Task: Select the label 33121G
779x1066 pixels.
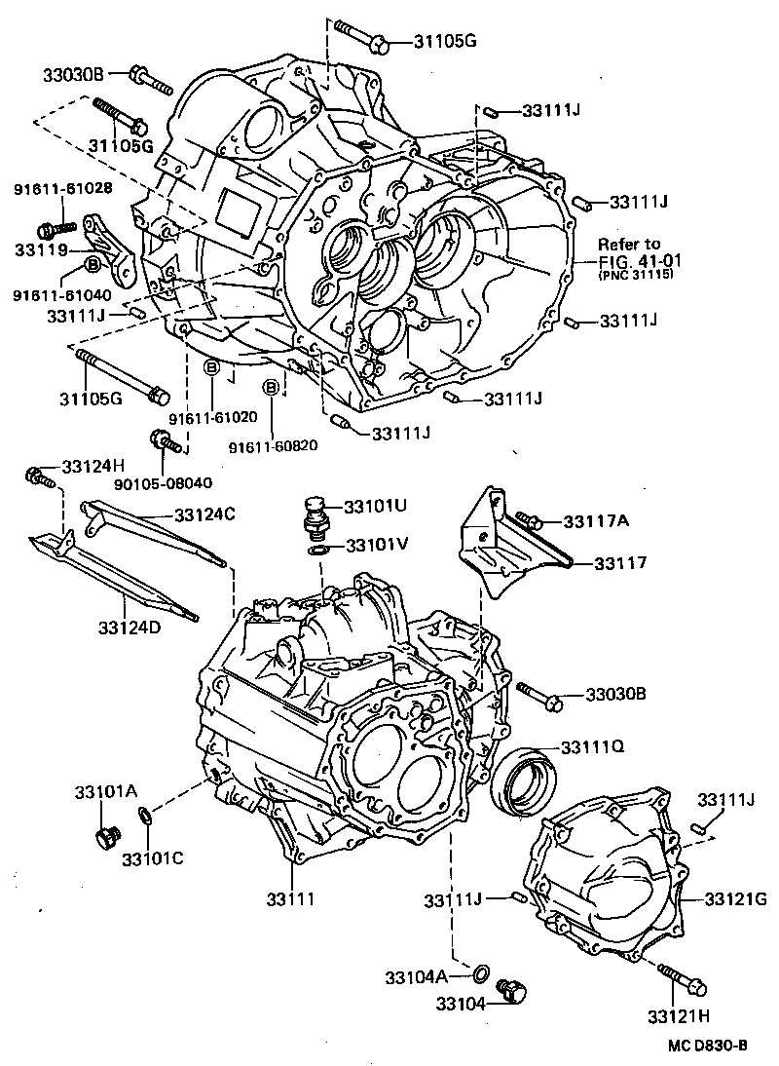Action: [736, 897]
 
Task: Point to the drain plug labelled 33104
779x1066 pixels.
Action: [510, 992]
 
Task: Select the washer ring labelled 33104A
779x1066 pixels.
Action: [481, 973]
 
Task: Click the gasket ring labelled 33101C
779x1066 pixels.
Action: [143, 815]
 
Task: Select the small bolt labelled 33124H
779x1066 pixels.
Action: [37, 476]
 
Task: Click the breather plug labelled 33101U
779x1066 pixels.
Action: [315, 516]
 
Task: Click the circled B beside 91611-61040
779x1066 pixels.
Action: [93, 264]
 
